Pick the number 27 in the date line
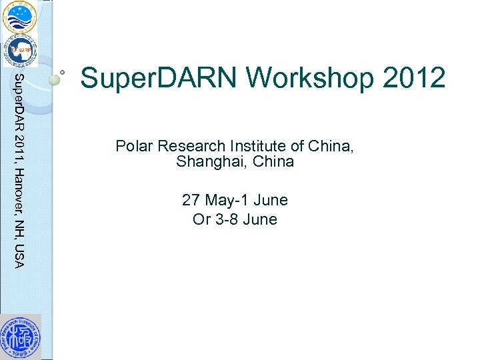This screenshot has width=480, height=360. click(191, 200)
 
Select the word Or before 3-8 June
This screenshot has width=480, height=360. click(201, 219)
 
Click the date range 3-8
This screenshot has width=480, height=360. click(227, 219)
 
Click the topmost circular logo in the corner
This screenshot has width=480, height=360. click(19, 17)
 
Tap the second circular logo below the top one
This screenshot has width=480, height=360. click(20, 50)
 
